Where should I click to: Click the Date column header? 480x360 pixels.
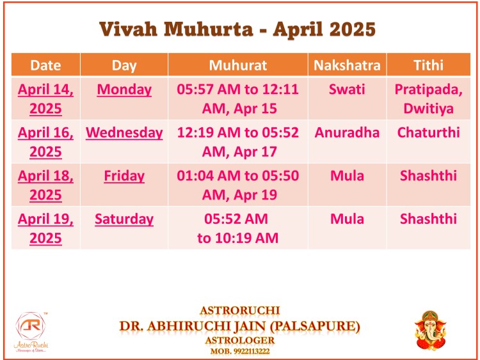(x=45, y=65)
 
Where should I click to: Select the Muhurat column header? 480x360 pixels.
(x=238, y=65)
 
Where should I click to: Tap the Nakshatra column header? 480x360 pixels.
(x=347, y=65)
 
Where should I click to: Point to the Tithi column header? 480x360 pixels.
(x=428, y=65)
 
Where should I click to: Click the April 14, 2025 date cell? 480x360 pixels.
(x=45, y=99)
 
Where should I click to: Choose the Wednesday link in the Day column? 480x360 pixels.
(x=124, y=133)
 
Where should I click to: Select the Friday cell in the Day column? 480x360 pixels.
(x=124, y=176)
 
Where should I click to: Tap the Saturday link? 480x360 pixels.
(x=124, y=219)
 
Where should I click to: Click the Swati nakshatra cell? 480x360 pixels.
(x=347, y=90)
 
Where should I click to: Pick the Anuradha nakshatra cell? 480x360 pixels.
(x=347, y=132)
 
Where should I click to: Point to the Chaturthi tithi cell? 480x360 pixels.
(x=428, y=132)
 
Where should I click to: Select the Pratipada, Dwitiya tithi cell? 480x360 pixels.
(x=428, y=99)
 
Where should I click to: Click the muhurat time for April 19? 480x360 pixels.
(x=237, y=228)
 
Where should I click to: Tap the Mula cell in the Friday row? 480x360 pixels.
(x=347, y=176)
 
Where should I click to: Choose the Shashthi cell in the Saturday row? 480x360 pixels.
(x=428, y=219)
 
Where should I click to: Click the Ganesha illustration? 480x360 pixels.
(x=430, y=331)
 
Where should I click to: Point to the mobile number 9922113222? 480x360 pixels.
(x=252, y=351)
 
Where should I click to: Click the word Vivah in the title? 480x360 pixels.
(x=128, y=29)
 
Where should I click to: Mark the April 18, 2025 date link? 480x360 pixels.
(x=45, y=185)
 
